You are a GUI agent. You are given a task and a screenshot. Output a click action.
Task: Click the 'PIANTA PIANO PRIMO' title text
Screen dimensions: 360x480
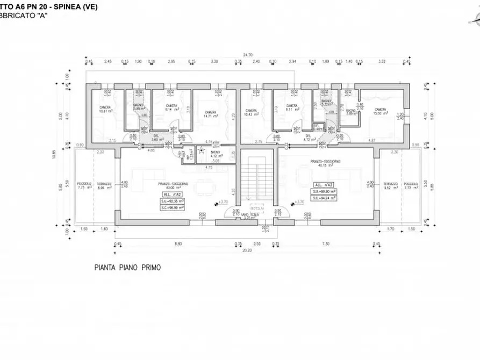128,267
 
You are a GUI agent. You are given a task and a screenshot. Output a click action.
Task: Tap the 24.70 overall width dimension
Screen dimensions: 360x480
247,55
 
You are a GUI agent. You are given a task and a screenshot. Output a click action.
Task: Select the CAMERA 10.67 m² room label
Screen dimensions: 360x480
105,109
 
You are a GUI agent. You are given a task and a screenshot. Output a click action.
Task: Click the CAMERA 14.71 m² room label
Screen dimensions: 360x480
210,114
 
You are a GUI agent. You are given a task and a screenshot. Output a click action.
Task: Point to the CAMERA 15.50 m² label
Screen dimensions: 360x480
383,110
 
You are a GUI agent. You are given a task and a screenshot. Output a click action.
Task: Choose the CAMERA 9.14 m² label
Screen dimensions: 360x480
171,107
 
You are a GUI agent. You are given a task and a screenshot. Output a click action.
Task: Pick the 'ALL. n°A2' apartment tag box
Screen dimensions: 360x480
171,194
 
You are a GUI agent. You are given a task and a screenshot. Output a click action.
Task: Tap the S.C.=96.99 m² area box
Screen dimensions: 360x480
171,207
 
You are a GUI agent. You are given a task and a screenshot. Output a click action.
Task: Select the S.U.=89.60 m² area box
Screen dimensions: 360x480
323,191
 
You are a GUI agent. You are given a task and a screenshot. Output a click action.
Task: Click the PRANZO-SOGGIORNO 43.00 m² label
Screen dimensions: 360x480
172,185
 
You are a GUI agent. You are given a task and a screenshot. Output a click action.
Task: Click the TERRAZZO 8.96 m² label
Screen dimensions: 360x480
104,185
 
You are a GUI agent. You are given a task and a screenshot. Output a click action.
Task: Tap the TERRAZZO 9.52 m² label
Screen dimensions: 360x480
391,185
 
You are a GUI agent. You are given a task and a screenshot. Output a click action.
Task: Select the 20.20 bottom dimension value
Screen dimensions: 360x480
247,249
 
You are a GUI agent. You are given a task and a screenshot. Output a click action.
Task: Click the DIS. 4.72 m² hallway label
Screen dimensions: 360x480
309,138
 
